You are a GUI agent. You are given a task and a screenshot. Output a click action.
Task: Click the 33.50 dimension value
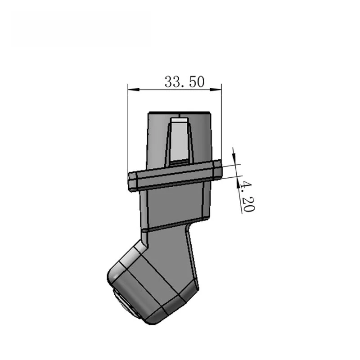pos(184,81)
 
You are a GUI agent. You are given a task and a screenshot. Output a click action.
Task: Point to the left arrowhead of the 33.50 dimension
pos(131,89)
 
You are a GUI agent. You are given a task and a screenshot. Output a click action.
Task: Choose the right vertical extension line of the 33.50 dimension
pos(222,126)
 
